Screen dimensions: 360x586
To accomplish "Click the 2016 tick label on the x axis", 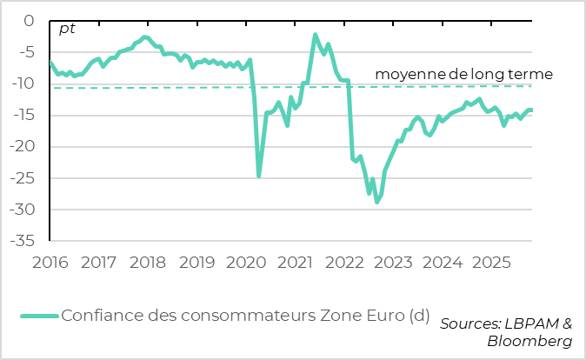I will (x=50, y=261).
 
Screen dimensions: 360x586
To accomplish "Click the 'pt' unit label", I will (x=67, y=29).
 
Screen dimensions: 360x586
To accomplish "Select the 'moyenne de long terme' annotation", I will (x=463, y=75).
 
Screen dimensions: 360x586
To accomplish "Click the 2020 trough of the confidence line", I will (x=258, y=176).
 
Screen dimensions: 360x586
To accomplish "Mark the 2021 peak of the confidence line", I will (x=315, y=35).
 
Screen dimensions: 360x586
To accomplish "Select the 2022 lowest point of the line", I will (x=376, y=202).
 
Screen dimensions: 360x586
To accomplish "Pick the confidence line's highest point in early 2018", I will (x=144, y=37).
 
